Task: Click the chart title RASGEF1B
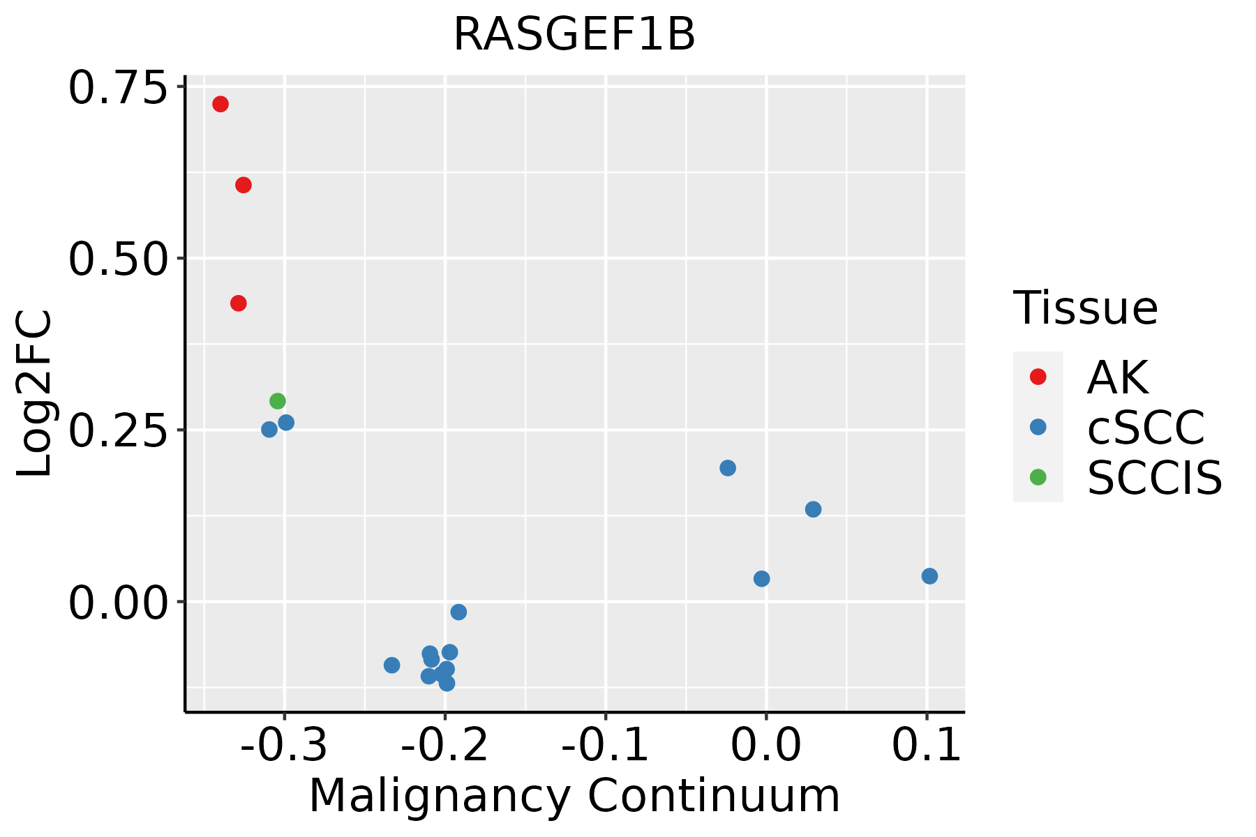click(x=574, y=34)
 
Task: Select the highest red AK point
click(x=220, y=104)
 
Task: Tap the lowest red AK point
click(x=239, y=303)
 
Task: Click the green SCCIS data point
click(x=278, y=401)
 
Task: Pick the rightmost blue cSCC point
click(x=929, y=576)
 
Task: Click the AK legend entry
click(x=1117, y=377)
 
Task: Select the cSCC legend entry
click(x=1145, y=428)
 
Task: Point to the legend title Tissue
click(x=1085, y=308)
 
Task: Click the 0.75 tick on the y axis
click(x=119, y=89)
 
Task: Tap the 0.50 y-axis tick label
click(x=119, y=259)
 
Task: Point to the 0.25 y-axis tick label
click(x=119, y=431)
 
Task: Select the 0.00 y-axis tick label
click(x=119, y=603)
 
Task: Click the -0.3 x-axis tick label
click(x=284, y=746)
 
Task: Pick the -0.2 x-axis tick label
click(x=444, y=746)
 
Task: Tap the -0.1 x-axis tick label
click(x=605, y=746)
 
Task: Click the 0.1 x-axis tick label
click(x=927, y=746)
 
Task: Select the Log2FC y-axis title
click(x=34, y=393)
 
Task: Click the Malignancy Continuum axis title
click(x=574, y=796)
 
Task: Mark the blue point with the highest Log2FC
click(x=286, y=423)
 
